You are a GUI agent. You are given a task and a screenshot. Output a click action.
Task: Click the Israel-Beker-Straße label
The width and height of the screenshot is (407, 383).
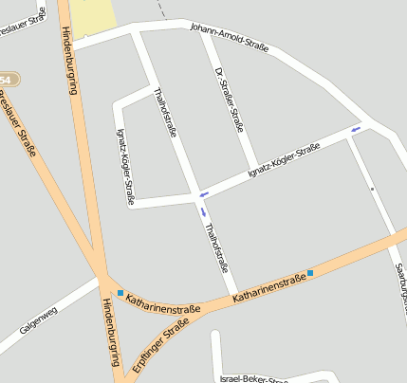[x=252, y=378]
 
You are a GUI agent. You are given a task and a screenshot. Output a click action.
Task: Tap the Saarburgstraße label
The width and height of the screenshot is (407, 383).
[x=399, y=281]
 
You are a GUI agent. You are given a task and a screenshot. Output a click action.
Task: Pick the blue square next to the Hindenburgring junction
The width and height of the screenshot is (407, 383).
[x=120, y=292]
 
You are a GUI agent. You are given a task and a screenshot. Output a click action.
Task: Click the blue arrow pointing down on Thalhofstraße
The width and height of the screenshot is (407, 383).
[x=202, y=211]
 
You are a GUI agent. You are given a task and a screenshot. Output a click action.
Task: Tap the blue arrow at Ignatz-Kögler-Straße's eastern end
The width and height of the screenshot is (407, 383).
[x=356, y=128]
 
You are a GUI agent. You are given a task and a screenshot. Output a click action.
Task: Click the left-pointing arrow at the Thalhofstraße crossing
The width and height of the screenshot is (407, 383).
[x=200, y=193]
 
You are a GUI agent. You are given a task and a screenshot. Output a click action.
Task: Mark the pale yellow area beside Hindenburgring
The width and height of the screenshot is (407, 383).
[x=92, y=18]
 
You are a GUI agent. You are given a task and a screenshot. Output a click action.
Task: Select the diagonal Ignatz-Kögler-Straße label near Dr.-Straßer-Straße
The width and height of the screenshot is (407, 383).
[x=282, y=160]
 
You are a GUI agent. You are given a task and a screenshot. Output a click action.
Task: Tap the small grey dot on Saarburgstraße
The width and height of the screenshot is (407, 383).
[x=372, y=189]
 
